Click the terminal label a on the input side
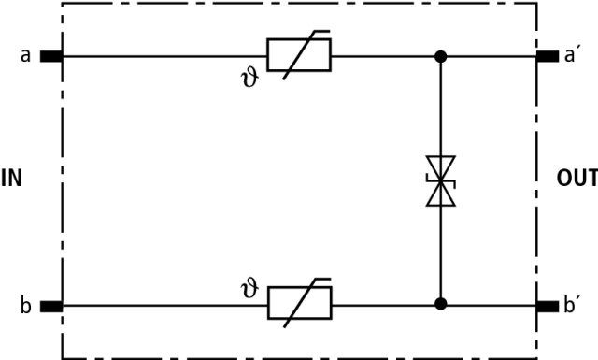25,56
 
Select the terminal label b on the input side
25,305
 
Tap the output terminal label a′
570,55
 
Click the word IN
11,179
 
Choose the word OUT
577,179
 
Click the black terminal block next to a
51,56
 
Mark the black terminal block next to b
51,307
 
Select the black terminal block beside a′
548,56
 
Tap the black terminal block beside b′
548,306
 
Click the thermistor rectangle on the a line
299,55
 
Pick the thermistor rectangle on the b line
300,303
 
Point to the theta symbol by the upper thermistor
250,79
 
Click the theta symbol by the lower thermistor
250,290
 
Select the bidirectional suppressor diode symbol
440,181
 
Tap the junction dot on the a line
440,57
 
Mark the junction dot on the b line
440,304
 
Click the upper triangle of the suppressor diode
440,168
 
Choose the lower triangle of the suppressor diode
440,194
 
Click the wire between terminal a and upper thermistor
164,56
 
